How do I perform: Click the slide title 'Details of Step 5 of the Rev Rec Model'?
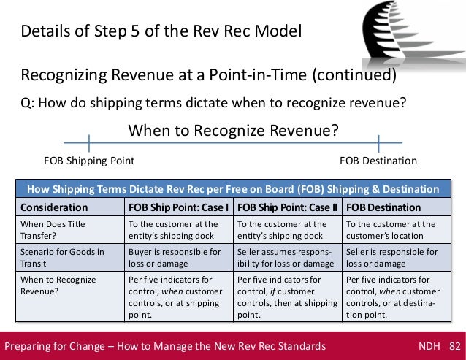161,32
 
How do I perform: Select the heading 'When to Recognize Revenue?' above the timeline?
234,131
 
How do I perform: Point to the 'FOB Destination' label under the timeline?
378,161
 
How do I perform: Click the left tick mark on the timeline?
89,142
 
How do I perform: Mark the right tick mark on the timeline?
378,142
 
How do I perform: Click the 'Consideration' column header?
51,207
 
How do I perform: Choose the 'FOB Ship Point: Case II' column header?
287,207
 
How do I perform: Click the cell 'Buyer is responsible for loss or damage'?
175,257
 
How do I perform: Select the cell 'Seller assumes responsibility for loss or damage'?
286,257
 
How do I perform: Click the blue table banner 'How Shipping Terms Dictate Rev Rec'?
232,189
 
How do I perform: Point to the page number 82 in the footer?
454,345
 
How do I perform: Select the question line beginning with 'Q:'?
213,102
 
